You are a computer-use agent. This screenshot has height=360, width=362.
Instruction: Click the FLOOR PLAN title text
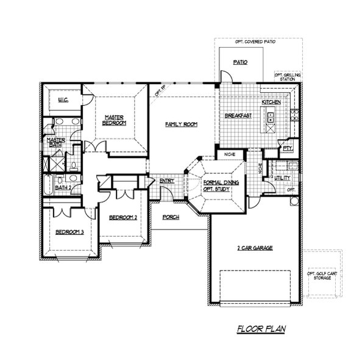click(x=261, y=329)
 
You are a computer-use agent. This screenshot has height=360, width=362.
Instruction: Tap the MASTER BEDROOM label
click(x=114, y=120)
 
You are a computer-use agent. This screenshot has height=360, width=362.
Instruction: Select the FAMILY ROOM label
click(x=182, y=124)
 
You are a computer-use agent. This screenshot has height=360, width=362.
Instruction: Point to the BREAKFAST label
click(x=238, y=115)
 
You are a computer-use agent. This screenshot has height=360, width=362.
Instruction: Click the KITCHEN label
click(x=271, y=103)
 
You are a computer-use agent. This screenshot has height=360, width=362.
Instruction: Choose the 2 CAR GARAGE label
click(x=254, y=248)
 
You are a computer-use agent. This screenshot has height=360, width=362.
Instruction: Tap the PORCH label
click(x=171, y=217)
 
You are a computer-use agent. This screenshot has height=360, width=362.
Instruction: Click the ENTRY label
click(x=167, y=181)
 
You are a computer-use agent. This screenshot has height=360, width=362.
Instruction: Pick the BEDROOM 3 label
click(x=68, y=232)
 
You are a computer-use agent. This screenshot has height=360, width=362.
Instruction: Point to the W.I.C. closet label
click(x=63, y=100)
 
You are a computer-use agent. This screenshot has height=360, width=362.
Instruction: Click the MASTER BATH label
click(x=56, y=143)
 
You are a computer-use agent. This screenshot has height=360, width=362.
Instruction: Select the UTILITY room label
click(x=282, y=178)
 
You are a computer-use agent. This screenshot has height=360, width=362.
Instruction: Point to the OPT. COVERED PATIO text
click(x=255, y=42)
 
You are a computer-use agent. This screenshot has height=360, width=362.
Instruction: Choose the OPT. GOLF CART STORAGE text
click(x=322, y=275)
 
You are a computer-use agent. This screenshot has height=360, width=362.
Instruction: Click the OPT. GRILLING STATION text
click(x=287, y=77)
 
